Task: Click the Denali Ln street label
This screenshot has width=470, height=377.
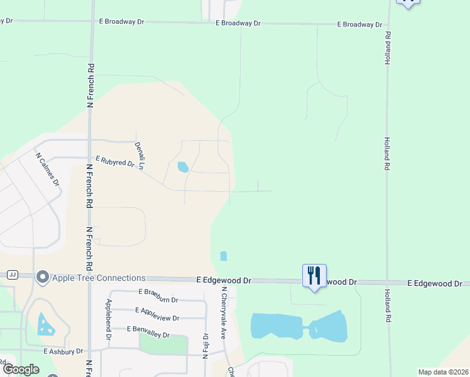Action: point(140,155)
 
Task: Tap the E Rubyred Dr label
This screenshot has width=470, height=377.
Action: point(114,163)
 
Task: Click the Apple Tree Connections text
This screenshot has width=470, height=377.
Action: point(99,278)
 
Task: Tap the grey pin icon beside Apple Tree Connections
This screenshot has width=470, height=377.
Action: point(43,276)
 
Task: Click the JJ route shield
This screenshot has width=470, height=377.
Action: point(12,275)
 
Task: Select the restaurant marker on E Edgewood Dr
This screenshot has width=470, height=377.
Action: point(314,276)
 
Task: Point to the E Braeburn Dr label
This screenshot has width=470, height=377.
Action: point(158,292)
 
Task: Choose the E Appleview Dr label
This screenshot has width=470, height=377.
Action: point(157,310)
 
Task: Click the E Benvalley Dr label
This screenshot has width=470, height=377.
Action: point(148,329)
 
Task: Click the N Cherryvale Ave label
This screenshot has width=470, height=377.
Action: point(223,314)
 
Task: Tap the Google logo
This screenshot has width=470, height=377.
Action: point(21,369)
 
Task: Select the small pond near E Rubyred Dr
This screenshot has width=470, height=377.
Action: point(183,167)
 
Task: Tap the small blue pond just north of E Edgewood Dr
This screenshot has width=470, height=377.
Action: point(224,256)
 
